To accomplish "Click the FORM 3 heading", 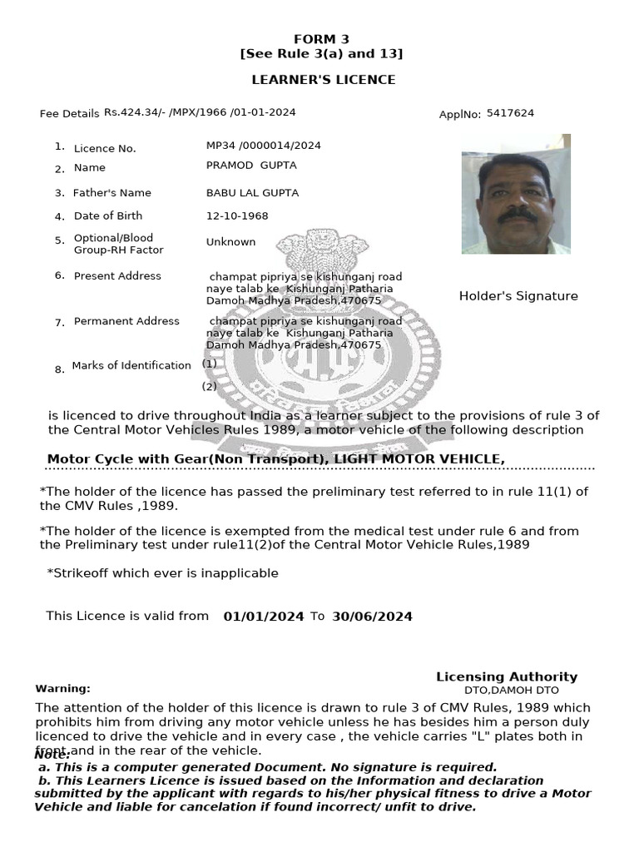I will coord(321,39).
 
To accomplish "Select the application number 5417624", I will coord(510,113).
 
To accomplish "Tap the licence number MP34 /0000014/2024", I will coord(263,146).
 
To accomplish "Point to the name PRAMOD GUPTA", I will coord(251,166).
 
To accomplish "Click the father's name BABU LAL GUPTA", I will coord(252,193).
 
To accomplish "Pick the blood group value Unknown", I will coord(230,242).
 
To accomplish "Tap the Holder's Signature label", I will coord(518,296).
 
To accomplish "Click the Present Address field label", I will coord(117,276).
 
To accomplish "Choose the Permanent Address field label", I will coord(126,321).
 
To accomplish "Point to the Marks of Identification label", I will coord(131,365).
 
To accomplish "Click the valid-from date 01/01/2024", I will coord(264,617).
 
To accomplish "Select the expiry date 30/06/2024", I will coord(372,617).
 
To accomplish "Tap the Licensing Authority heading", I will coord(506,677).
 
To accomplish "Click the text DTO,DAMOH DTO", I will coord(511,691).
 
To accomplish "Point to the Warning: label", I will coord(62,689).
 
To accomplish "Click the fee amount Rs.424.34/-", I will coord(133,112).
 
